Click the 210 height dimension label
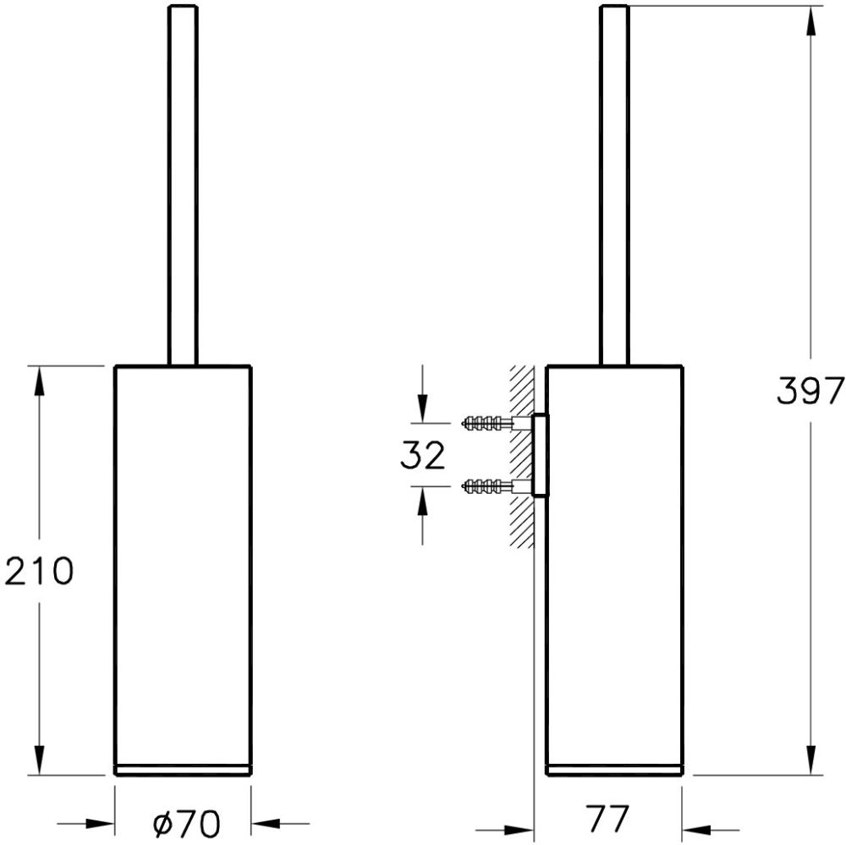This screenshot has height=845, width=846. [x=39, y=570]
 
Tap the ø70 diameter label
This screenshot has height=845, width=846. [x=187, y=823]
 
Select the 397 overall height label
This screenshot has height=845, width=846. [x=810, y=390]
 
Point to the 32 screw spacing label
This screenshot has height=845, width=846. [x=423, y=455]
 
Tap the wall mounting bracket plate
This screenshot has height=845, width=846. [x=540, y=455]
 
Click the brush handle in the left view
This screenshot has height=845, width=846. [x=183, y=185]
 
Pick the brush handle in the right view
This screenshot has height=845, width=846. [x=614, y=185]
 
